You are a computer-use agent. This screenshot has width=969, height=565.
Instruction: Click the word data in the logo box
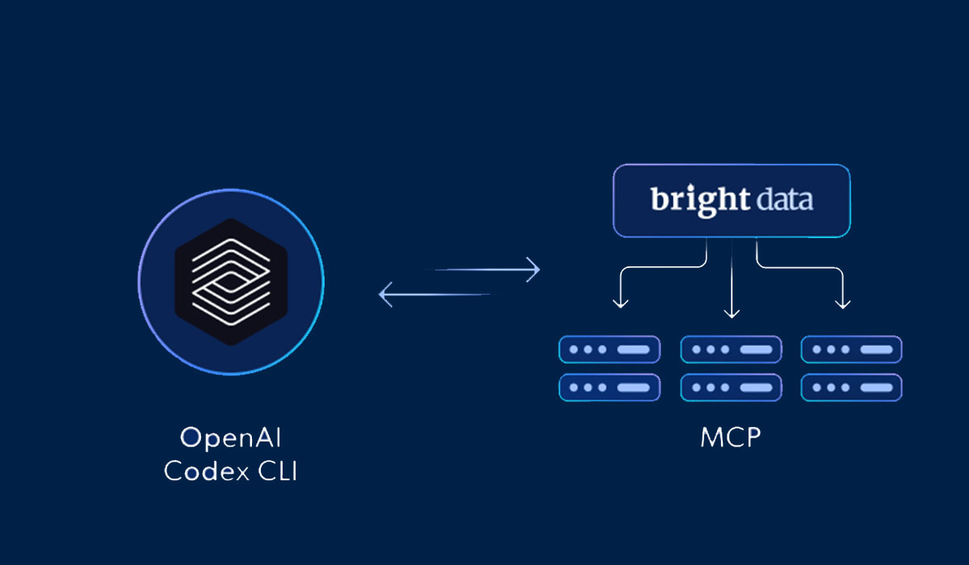click(782, 199)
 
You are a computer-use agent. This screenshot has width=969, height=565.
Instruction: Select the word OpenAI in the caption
click(231, 438)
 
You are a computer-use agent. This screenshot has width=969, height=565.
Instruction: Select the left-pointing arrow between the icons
click(436, 295)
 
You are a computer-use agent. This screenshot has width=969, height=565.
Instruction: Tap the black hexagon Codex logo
click(231, 282)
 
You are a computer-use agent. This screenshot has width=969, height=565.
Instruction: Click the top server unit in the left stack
click(610, 350)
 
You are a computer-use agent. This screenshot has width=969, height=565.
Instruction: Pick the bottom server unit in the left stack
click(610, 387)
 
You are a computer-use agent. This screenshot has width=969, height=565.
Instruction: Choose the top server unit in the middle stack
click(732, 350)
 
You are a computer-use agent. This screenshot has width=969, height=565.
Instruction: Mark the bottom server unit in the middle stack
click(732, 387)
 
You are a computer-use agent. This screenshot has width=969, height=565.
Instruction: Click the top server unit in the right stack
click(852, 350)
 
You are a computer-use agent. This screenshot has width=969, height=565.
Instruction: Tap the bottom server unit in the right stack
click(852, 387)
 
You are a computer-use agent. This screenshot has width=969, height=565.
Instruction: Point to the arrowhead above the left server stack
click(620, 303)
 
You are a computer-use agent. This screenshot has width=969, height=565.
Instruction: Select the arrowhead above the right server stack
click(842, 303)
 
